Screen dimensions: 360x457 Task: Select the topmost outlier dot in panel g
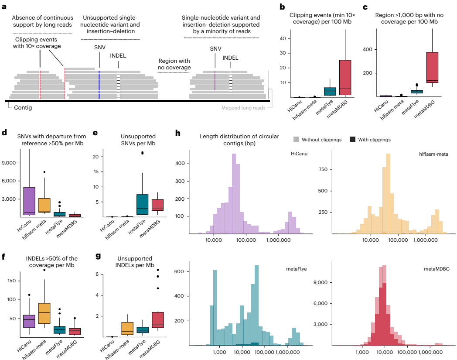pyautogui.click(x=158, y=270)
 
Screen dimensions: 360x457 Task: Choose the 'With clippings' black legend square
pyautogui.click(x=352, y=140)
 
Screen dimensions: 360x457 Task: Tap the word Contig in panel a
pyautogui.click(x=23, y=107)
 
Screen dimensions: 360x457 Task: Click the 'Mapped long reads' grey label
pyautogui.click(x=243, y=108)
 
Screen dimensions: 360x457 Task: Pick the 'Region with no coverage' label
pyautogui.click(x=174, y=65)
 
